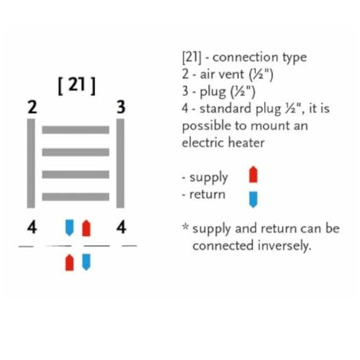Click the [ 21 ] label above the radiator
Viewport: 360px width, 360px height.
(x=77, y=86)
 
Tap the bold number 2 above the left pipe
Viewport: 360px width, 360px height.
(x=32, y=107)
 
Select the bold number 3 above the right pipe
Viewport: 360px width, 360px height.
(x=121, y=107)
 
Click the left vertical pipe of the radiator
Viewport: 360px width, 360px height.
(x=31, y=163)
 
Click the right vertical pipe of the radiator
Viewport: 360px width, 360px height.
(x=120, y=163)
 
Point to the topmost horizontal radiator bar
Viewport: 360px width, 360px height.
(x=76, y=129)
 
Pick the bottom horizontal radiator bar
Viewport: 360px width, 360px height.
(x=76, y=197)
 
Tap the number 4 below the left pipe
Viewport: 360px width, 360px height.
(x=32, y=227)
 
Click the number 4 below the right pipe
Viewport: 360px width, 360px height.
(x=121, y=227)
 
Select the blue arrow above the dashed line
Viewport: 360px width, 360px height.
(x=70, y=227)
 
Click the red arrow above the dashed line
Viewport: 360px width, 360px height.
(x=87, y=228)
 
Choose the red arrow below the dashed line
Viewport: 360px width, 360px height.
(x=70, y=262)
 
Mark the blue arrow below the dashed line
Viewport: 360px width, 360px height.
(x=87, y=262)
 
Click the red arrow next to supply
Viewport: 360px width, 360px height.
(x=254, y=175)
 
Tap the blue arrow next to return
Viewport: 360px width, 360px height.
(x=254, y=200)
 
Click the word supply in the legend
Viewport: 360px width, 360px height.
(x=208, y=178)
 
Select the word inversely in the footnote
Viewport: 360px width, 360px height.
(x=284, y=246)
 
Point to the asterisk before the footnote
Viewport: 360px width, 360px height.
(x=185, y=227)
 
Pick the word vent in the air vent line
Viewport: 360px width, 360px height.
(x=232, y=74)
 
